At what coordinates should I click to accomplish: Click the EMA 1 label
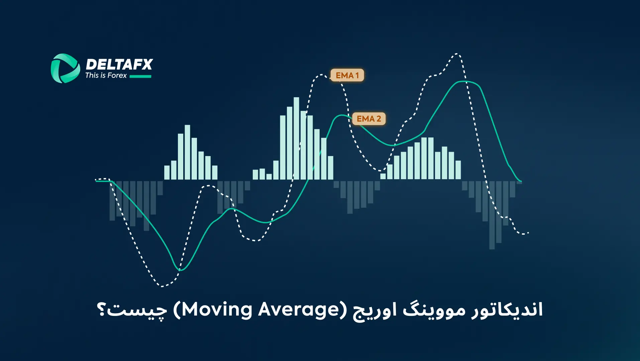point(347,75)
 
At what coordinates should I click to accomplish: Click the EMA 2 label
point(369,119)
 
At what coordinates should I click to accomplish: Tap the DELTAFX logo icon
point(65,68)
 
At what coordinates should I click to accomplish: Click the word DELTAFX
point(119,65)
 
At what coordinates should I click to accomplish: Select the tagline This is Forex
point(106,76)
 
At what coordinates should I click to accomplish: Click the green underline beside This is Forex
point(140,77)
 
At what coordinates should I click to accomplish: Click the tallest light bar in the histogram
point(296,138)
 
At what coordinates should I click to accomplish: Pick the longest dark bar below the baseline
point(492,215)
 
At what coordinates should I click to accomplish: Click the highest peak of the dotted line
point(457,54)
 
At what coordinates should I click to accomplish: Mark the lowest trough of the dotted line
point(162,286)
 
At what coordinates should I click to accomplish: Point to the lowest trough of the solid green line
point(180,270)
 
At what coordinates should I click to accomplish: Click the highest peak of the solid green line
point(465,81)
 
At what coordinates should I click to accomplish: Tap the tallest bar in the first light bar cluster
point(187,152)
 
